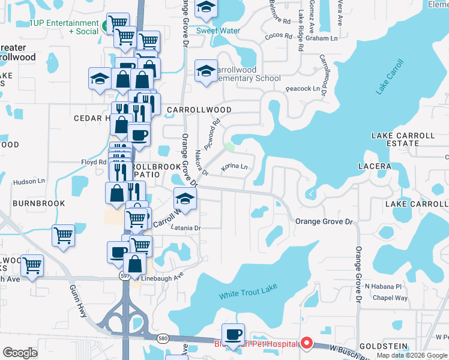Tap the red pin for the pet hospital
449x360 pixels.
[x=306, y=343]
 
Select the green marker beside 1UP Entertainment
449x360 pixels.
[x=104, y=26]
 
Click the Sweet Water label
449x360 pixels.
[x=218, y=31]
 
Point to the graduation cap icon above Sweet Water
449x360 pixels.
[x=206, y=8]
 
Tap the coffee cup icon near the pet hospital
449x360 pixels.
[x=233, y=334]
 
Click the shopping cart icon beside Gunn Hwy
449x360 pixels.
[x=63, y=236]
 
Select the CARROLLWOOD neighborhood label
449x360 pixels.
[x=199, y=110]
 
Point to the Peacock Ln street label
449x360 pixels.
[x=303, y=88]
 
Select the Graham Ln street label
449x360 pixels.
[x=321, y=38]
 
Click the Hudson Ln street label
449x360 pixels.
[x=25, y=181]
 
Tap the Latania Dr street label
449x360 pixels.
[x=185, y=228]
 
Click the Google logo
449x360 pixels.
[x=20, y=353]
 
